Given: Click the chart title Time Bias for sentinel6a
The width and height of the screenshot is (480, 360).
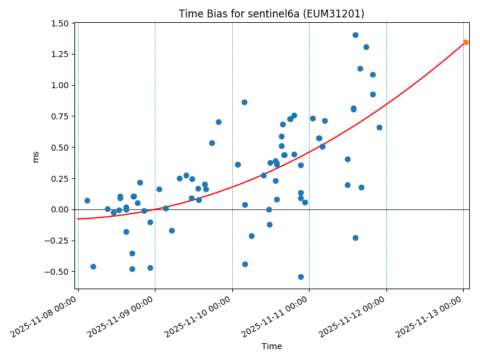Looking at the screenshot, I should [271, 14].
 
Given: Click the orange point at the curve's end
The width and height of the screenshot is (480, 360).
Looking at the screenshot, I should [466, 42].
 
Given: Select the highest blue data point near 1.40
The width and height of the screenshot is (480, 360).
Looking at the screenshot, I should [355, 35].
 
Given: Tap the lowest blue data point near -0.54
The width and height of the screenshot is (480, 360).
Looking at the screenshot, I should [301, 277].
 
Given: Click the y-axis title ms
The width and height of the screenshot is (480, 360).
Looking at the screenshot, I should [35, 156].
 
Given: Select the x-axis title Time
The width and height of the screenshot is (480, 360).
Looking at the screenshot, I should [271, 346].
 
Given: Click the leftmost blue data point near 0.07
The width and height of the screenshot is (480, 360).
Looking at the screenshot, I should [87, 200].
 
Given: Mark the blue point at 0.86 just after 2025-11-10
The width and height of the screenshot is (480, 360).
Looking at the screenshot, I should [244, 102].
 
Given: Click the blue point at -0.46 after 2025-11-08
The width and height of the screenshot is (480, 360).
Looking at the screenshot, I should [93, 266].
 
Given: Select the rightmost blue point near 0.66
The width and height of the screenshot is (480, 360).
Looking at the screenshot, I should [379, 127].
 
